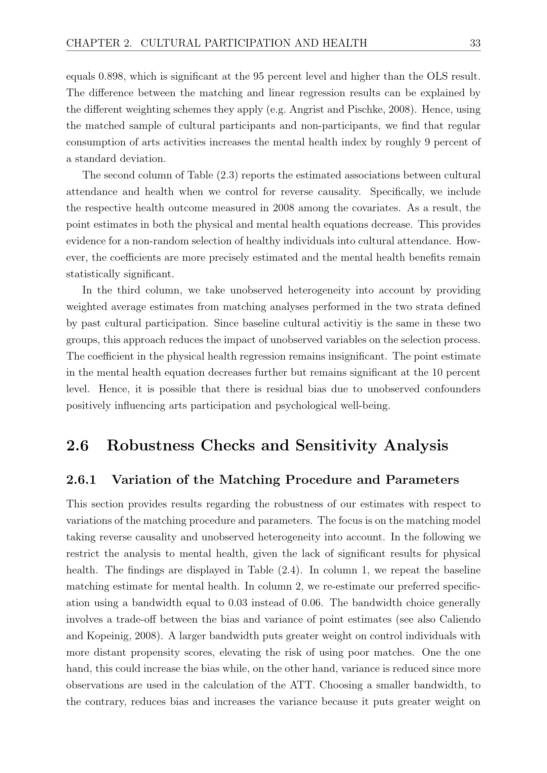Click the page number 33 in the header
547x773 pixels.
[475, 43]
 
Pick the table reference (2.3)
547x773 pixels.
[226, 175]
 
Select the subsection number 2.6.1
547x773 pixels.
[81, 480]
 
